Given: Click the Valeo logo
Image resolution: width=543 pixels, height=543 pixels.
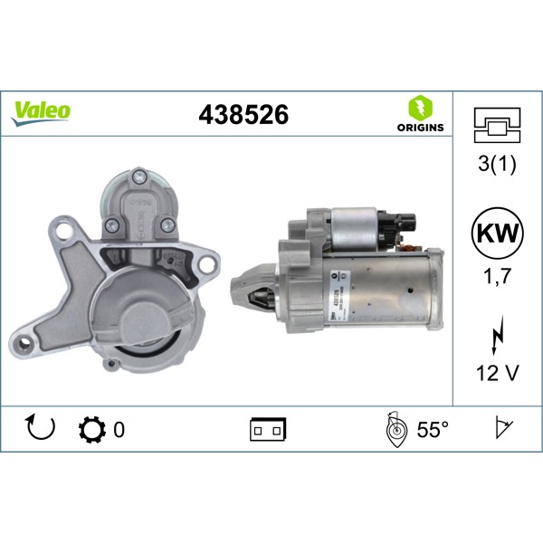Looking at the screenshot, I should click(40, 111).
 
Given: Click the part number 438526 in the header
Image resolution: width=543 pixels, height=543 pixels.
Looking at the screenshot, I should click(243, 116).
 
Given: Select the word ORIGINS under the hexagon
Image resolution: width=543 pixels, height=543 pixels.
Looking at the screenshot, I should click(420, 128).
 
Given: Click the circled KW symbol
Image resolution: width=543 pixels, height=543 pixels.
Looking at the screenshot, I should click(498, 232).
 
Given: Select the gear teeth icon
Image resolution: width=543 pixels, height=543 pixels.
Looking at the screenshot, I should click(92, 430).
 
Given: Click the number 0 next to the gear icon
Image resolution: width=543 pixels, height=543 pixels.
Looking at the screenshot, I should click(119, 430).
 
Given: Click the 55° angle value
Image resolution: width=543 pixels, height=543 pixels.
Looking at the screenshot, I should click(432, 430).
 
